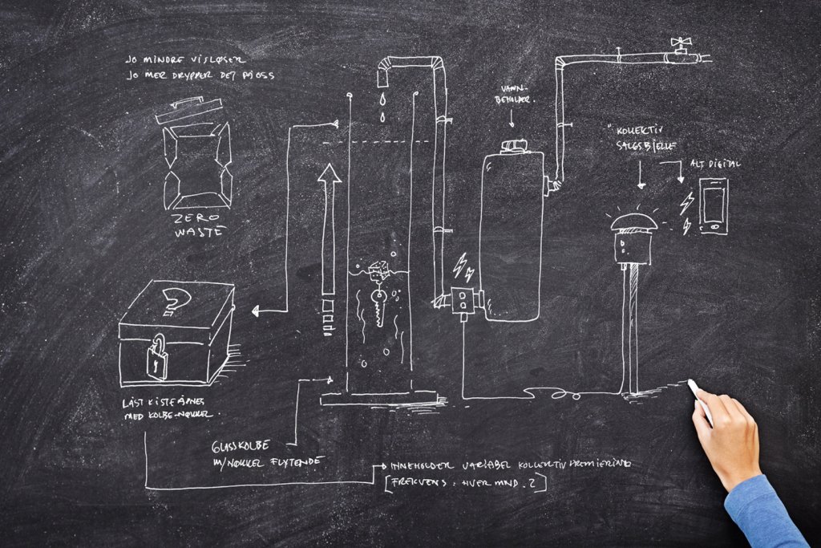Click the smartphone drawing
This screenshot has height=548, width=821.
point(713,206)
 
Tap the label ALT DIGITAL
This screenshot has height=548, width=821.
point(715,164)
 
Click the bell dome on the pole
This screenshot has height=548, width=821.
point(633,221)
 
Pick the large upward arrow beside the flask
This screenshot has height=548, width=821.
point(329,233)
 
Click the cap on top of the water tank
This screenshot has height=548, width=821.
point(512,146)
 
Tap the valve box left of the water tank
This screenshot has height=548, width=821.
point(464,300)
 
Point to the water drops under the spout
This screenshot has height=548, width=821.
point(383,108)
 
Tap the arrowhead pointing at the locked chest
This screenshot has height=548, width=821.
point(254,311)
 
